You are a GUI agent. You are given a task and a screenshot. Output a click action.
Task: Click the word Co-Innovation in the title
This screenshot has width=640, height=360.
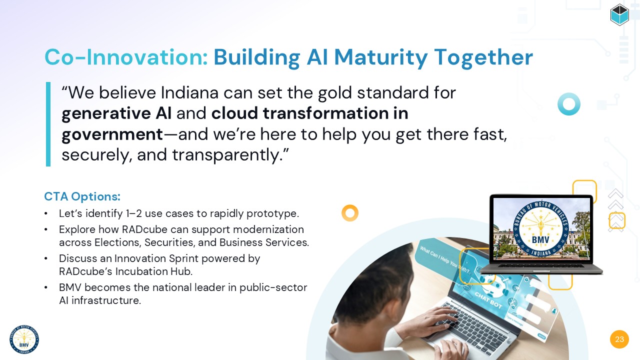tap(126, 57)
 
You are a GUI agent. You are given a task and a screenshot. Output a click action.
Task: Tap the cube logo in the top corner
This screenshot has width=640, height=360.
tap(619, 14)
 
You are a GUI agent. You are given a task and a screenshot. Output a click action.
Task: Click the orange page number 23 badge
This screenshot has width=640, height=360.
tap(619, 339)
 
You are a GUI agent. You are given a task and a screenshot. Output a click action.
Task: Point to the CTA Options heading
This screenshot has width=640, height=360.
tap(82, 196)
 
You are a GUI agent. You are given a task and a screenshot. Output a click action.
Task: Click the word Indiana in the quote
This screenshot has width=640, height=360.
tap(189, 92)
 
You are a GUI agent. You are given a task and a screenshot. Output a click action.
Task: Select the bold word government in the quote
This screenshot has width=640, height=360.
tap(112, 134)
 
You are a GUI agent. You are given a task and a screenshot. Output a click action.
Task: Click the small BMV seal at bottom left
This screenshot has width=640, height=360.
tap(24, 339)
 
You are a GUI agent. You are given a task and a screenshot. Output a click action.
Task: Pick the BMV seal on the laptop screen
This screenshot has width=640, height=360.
tap(540, 229)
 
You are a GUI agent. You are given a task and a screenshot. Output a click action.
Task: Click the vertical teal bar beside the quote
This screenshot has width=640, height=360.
tap(48, 124)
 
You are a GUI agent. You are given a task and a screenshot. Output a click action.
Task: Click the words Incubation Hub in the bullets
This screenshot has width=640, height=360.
tap(153, 271)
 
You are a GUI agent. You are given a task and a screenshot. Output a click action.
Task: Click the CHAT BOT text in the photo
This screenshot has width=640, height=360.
tap(488, 300)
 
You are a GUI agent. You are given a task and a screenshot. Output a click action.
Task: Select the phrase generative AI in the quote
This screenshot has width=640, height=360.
tap(116, 113)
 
